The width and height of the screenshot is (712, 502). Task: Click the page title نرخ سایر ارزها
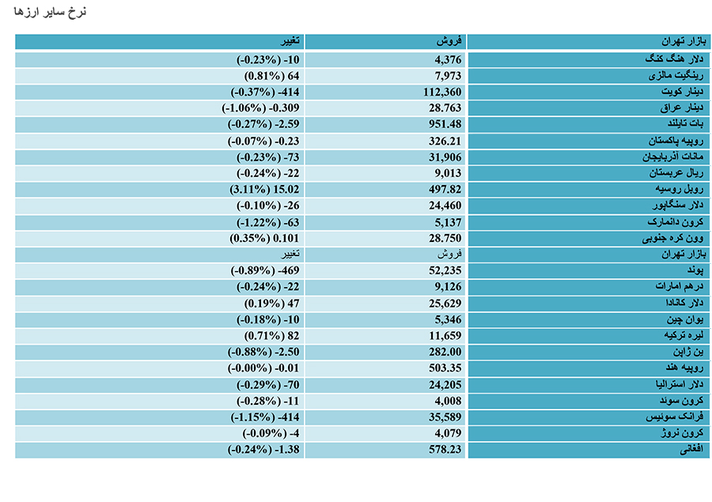pos(50,12)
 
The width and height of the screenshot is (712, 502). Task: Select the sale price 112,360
pos(442,92)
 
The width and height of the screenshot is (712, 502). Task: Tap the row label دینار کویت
pos(682,92)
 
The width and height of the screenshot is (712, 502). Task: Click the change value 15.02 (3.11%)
pos(264,189)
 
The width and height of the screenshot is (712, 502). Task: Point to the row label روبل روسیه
pos(680,189)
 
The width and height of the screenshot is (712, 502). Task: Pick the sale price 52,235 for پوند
pos(445,270)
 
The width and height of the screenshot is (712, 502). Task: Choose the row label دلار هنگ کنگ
pos(674,59)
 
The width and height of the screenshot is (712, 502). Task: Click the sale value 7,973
pos(448,76)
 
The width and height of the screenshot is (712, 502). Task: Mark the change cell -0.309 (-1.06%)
pos(260,108)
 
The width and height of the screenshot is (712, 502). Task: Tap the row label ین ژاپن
pos(688,352)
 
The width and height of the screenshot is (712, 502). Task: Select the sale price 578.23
pos(445,449)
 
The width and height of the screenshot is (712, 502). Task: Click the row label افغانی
pos(691,449)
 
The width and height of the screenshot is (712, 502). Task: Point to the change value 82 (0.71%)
pos(272,336)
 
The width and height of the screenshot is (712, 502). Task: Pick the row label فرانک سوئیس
pos(675,417)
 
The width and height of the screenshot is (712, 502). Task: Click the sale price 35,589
pos(445,417)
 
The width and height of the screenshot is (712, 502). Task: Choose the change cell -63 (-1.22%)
pos(268,222)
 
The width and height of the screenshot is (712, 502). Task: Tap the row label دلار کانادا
pos(684,303)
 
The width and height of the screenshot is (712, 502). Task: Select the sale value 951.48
pos(445,124)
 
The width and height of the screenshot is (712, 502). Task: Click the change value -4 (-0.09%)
pos(271,433)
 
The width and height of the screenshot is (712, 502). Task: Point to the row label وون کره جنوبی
pos(672,238)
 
